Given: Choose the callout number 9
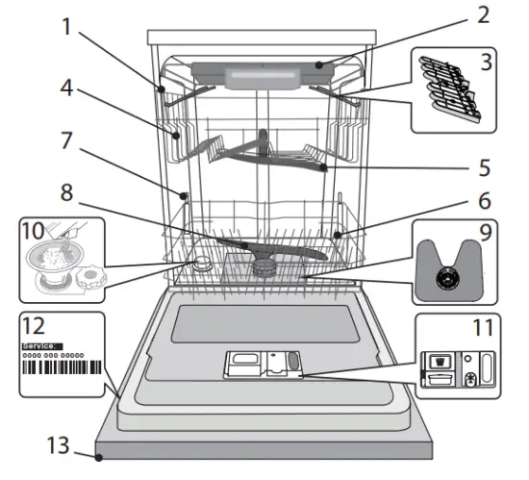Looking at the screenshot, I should coord(487,234).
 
